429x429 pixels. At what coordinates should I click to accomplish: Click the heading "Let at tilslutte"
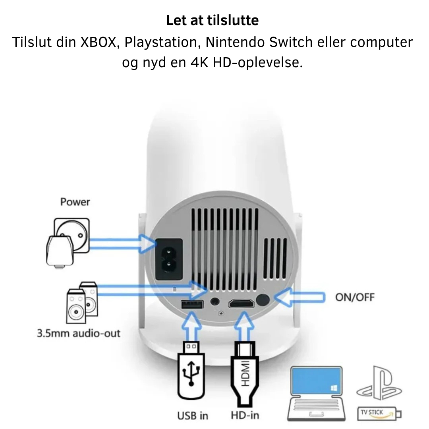212,20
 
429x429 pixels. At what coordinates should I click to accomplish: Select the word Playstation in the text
161,42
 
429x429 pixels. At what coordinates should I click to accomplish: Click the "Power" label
75,202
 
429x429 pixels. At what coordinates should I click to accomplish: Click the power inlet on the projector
169,259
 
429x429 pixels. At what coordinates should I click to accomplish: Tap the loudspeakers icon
82,303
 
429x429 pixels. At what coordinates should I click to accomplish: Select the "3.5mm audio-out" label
79,333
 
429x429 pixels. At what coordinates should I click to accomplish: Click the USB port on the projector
192,305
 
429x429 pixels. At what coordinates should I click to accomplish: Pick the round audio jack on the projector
215,302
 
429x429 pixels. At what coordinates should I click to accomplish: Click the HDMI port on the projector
242,304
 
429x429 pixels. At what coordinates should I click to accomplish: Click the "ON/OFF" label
355,297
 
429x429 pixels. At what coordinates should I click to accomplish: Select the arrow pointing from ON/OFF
300,297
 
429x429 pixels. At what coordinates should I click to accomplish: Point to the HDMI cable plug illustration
245,374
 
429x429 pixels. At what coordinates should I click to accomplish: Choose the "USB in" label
193,415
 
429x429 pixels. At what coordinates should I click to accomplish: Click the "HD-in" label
245,415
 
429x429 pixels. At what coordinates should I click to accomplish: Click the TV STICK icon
379,413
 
